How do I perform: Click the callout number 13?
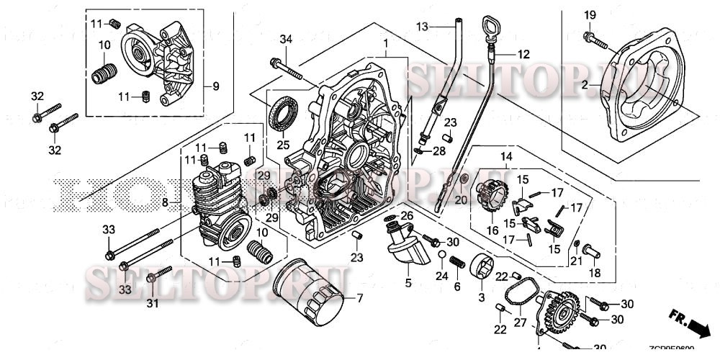[423, 26]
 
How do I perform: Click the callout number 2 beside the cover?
[585, 85]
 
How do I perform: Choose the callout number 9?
[215, 86]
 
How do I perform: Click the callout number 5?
[408, 283]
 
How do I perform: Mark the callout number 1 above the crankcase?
[387, 42]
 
